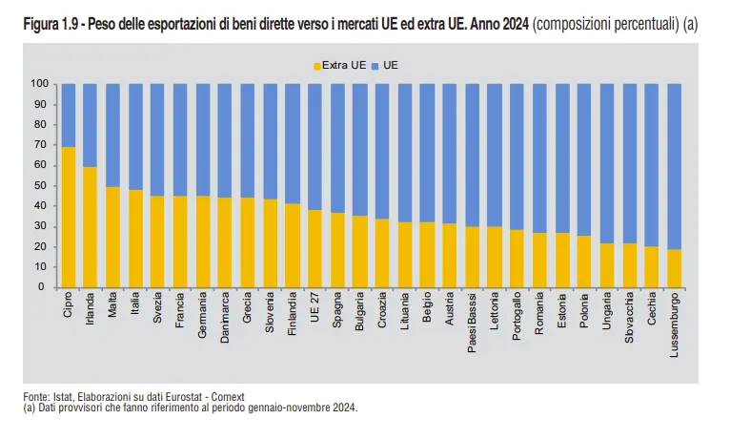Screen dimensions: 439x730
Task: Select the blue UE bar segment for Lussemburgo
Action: click(674, 167)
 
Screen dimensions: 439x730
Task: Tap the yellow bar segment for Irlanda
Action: click(91, 227)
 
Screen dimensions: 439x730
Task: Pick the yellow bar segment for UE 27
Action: click(314, 248)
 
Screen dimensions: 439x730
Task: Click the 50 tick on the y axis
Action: click(42, 185)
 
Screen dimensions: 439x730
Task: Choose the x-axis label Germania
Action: click(203, 315)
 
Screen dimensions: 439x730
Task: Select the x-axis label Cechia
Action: click(652, 310)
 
